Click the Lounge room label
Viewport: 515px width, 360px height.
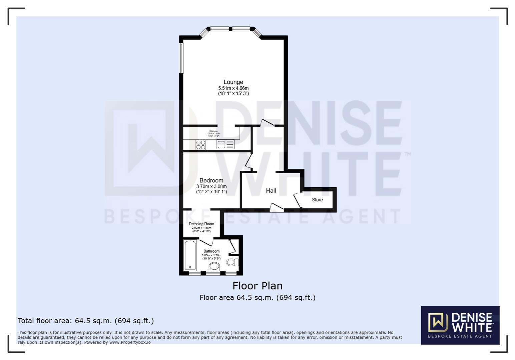233,82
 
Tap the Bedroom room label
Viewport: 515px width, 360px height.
211,180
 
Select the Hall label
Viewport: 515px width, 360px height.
271,191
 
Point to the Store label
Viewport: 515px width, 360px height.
317,200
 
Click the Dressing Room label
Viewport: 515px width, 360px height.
201,224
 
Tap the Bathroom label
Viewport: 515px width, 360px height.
211,251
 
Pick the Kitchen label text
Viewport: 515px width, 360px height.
213,131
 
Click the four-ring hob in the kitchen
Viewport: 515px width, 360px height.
201,145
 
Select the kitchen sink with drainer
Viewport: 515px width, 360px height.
225,144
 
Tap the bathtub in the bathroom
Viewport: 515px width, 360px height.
190,255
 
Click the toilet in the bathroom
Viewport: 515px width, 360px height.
232,262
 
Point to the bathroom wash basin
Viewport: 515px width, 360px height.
214,266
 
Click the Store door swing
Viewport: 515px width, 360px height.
297,200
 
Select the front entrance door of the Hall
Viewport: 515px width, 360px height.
277,208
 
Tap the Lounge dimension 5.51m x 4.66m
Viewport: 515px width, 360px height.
233,88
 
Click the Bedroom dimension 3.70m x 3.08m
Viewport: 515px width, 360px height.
211,186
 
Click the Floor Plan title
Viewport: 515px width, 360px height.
257,286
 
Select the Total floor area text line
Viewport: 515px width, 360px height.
86,321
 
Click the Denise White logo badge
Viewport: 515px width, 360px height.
460,325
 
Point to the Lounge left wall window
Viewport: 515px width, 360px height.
181,58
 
